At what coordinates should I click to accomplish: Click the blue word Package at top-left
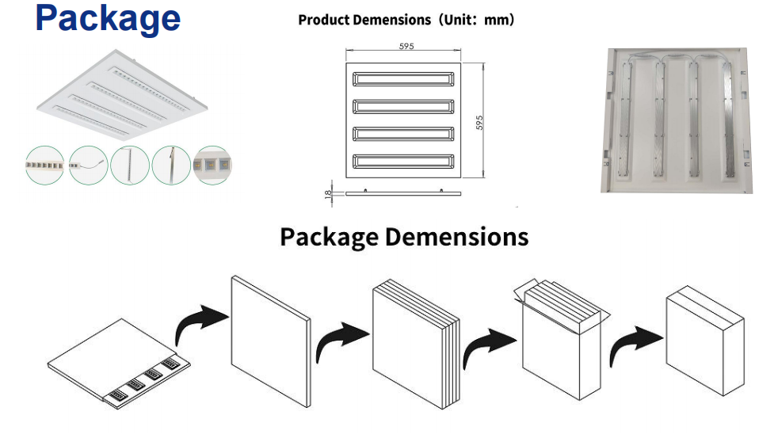(x=108, y=19)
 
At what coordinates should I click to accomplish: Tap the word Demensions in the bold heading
(x=457, y=236)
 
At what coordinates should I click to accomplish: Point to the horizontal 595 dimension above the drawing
(x=406, y=47)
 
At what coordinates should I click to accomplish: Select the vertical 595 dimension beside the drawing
(x=479, y=123)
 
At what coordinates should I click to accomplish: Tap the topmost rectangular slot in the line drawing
(x=404, y=79)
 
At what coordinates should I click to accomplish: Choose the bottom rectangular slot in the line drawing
(x=404, y=161)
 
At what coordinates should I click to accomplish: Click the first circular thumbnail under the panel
(x=44, y=165)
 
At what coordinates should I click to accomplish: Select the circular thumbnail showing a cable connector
(x=88, y=165)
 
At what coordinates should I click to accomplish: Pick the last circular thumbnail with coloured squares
(x=212, y=165)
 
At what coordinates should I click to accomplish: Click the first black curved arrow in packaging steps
(x=200, y=325)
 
